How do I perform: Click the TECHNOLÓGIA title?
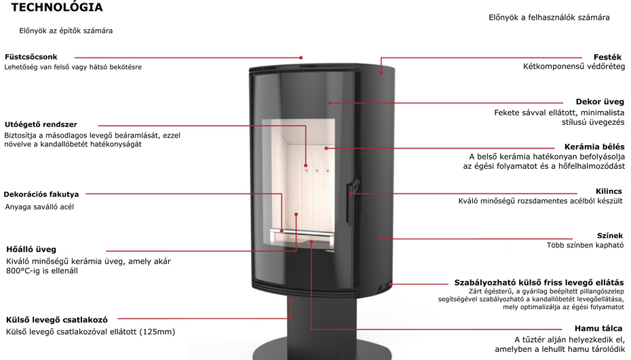[x=57, y=7]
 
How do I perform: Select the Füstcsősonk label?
[x=31, y=57]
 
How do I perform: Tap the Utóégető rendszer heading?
[x=41, y=124]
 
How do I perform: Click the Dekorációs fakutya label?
[x=41, y=195]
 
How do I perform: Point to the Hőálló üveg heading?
[x=31, y=249]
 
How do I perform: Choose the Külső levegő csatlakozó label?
[x=57, y=320]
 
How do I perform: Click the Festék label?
[x=608, y=57]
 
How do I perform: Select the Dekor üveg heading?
[x=600, y=102]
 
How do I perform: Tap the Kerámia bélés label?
[x=594, y=147]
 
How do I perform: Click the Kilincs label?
[x=609, y=191]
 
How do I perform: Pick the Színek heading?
[x=610, y=235]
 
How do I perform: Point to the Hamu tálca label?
[x=598, y=328]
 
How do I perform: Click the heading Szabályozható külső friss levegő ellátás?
[x=539, y=282]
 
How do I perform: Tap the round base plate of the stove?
[x=322, y=351]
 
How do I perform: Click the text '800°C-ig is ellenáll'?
[x=42, y=271]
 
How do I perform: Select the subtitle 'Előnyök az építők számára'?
[x=66, y=31]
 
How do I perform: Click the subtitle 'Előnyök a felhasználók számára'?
[x=549, y=18]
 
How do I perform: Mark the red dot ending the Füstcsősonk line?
[x=301, y=58]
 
